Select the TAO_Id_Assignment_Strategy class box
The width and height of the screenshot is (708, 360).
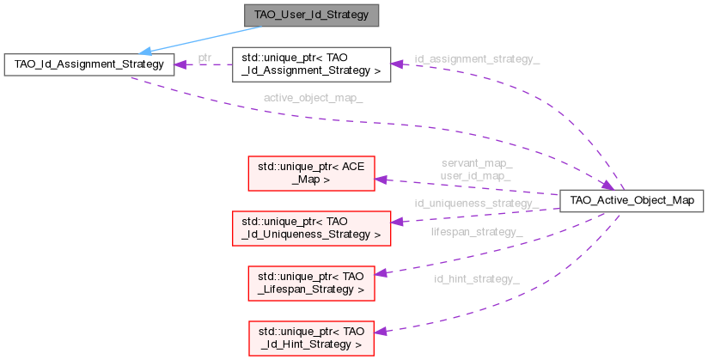pos(89,65)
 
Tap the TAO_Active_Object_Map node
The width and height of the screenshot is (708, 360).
pos(632,201)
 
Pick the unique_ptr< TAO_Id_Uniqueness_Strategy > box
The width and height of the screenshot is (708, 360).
pos(312,223)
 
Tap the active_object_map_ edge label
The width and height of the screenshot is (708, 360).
pos(313,98)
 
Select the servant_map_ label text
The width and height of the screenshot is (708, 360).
pos(476,162)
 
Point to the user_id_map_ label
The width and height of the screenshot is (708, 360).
pos(476,174)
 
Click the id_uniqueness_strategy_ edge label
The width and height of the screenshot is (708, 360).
pos(476,204)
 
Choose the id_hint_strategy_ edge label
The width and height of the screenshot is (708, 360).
pos(476,278)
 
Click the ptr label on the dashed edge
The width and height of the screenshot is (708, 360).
pos(204,58)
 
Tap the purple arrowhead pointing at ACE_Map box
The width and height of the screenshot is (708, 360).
pos(382,180)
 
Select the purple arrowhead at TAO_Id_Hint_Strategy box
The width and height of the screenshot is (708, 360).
pos(381,332)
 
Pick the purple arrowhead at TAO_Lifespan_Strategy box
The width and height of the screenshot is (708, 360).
pos(382,273)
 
